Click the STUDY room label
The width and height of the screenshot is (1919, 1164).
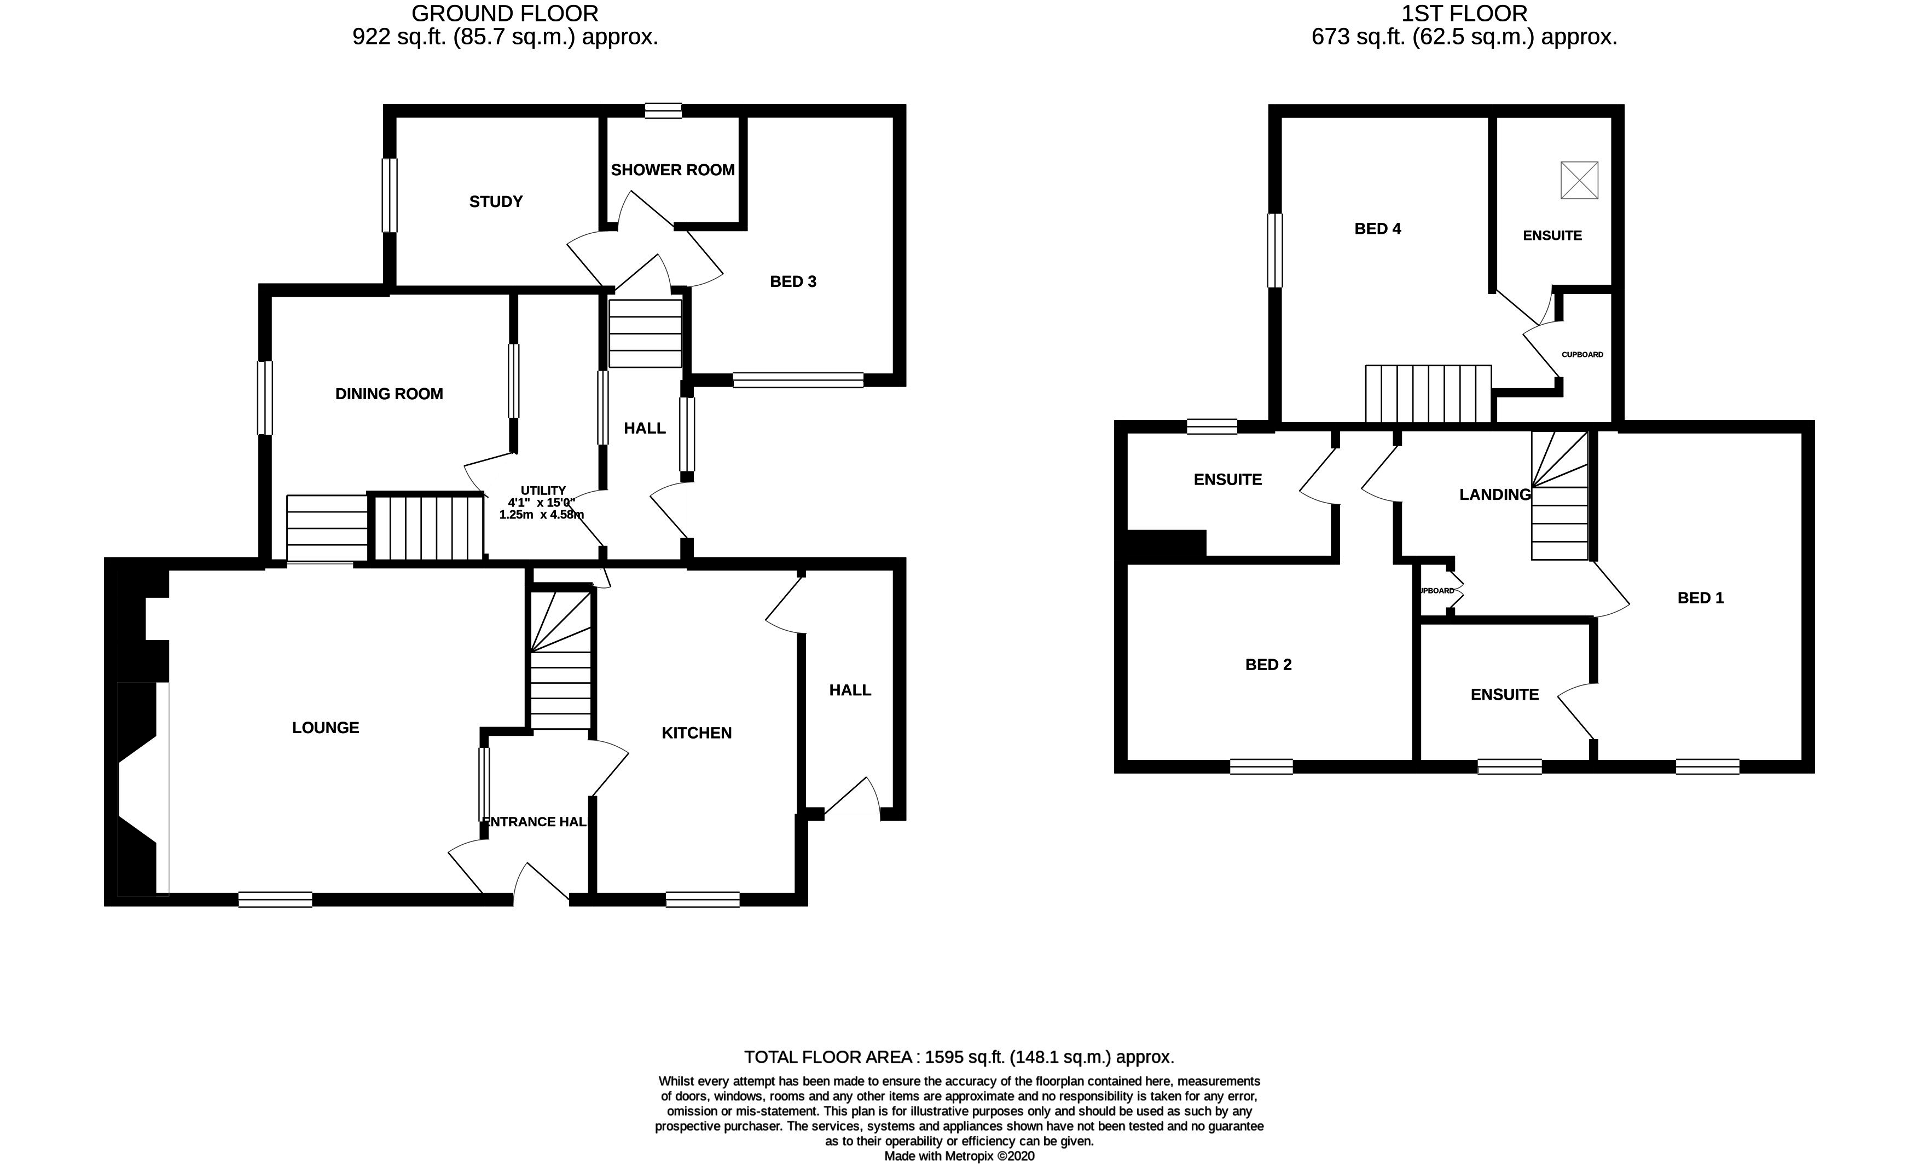click(495, 202)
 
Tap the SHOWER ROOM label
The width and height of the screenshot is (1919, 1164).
click(672, 170)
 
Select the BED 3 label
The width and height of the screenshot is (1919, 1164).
click(793, 281)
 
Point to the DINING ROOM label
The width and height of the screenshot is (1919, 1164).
click(389, 394)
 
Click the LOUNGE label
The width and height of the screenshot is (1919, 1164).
click(326, 728)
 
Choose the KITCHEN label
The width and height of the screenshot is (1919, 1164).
click(696, 733)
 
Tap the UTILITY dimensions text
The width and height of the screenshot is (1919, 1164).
click(542, 503)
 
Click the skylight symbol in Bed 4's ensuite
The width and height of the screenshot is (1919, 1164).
click(1579, 180)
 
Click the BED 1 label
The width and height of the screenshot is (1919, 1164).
click(1700, 597)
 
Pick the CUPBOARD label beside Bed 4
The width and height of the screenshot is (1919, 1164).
click(1582, 354)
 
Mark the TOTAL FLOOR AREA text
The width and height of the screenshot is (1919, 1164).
click(959, 1057)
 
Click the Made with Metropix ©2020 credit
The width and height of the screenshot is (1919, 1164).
click(959, 1156)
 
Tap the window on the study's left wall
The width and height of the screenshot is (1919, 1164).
click(390, 195)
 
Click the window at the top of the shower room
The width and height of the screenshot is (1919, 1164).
click(663, 111)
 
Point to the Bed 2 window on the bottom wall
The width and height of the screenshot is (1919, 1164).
click(1261, 767)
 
